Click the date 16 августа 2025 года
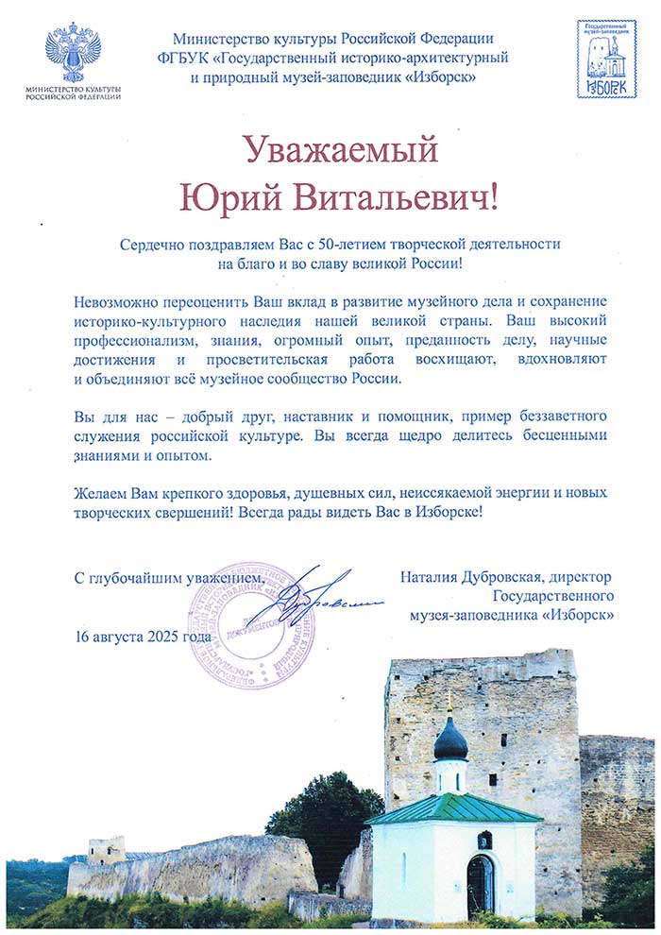click(x=144, y=636)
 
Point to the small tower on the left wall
click(x=106, y=849)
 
